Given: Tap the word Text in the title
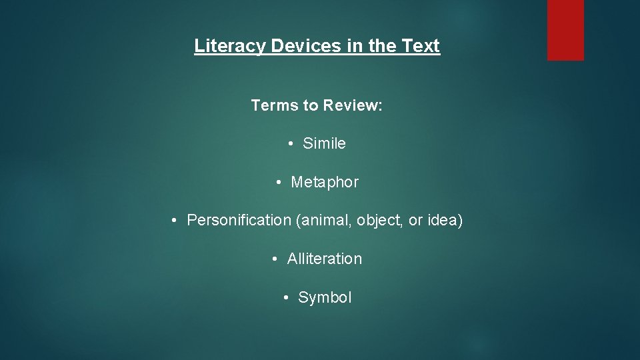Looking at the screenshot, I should pos(421,46).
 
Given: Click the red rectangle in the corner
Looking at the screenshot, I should pos(565,30).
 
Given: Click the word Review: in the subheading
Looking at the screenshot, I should pos(353,105).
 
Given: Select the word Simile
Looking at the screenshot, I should pos(324,143).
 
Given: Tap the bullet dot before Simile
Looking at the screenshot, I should pos(292,143).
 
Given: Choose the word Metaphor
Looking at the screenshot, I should pos(325,182).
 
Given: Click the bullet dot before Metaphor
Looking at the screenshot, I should pos(279,182).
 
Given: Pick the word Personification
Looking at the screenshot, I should pos(239,220).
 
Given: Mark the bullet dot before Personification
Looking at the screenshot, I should pos(173,220).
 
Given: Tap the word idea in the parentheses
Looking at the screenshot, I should pos(443,220).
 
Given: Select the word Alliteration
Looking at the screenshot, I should pos(325,259).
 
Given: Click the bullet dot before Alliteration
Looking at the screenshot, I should pos(275,259).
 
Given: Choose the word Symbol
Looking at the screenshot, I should pos(325,297).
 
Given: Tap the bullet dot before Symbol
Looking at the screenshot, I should pos(287,297).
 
